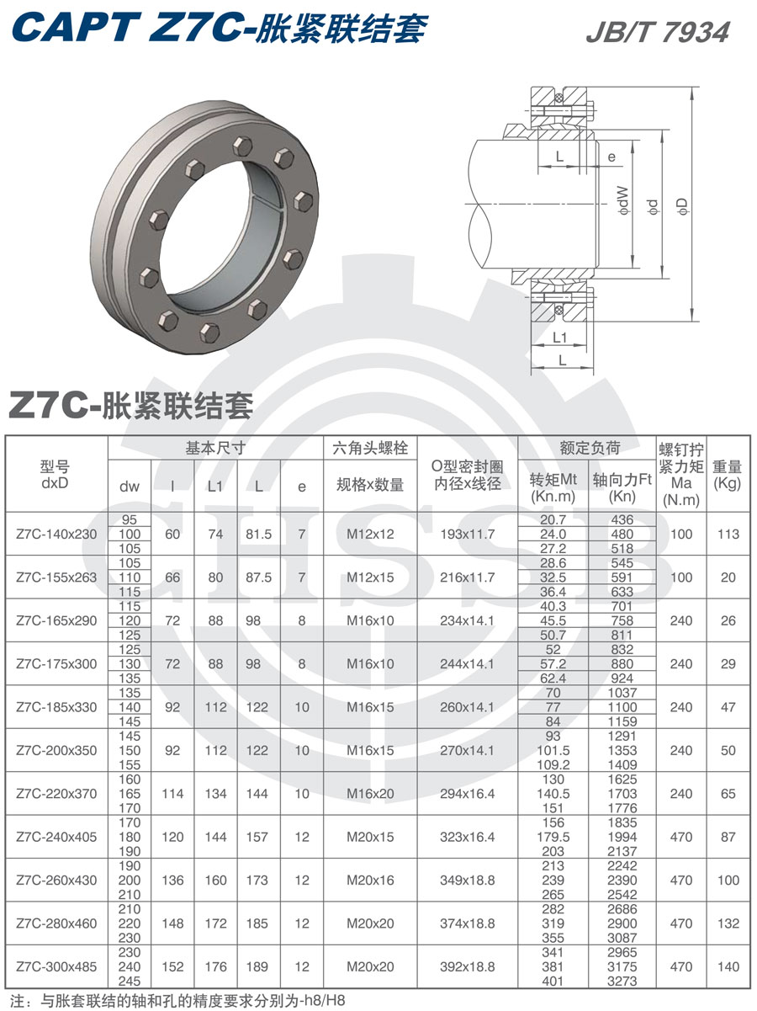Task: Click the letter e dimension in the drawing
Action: [x=611, y=157]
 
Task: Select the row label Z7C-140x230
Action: [x=56, y=534]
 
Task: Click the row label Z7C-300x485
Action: [x=56, y=966]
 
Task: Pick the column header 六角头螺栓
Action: [x=370, y=448]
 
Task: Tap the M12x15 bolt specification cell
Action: [x=370, y=577]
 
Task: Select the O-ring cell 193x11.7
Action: [x=467, y=534]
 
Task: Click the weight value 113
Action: [x=728, y=534]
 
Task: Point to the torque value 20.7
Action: [x=553, y=520]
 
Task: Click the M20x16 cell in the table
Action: [x=370, y=881]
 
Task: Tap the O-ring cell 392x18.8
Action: [x=467, y=966]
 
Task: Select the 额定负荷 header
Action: [x=589, y=448]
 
